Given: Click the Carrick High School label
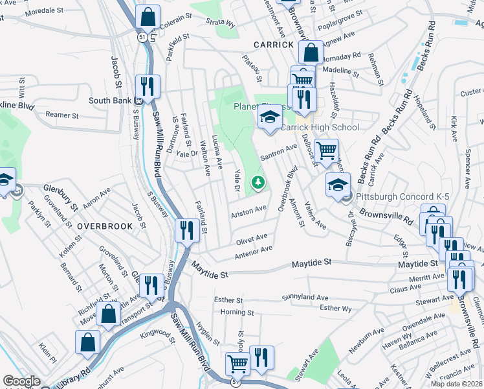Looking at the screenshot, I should coord(319,128).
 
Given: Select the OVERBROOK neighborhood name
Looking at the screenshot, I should coord(104,226).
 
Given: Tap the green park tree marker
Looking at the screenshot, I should coord(258,183).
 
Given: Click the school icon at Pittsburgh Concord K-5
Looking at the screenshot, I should coord(337,183).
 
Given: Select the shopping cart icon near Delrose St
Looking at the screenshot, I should coord(327,150).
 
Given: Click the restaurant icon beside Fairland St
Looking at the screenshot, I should coord(187,230).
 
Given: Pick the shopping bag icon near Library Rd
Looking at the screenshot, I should coord(87,342).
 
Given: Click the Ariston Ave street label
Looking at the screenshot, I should coord(249,210).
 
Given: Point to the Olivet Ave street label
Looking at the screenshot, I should coord(252,239).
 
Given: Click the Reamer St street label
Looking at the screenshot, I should coord(61,115).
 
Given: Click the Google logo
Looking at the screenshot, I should coord(21,381).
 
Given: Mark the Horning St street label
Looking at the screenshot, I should coord(232,312).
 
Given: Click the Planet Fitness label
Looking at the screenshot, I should coord(254,107).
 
